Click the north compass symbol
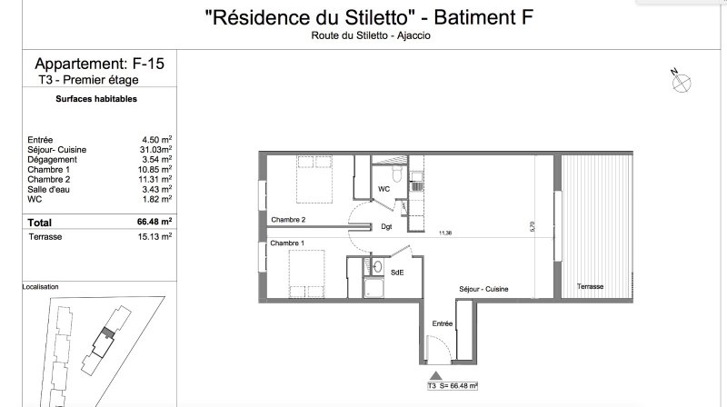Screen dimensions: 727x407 pos(681,82)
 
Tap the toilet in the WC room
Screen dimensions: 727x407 pos(397,174)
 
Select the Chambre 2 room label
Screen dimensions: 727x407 pos(288,220)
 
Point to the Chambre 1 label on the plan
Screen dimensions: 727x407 pos(287,243)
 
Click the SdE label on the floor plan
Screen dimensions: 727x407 pos(397,273)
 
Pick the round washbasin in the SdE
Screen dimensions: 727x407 pos(378,266)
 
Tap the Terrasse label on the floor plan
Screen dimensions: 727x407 pos(590,286)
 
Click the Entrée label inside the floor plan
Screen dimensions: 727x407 pos(443,323)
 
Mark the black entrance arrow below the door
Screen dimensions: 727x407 pos(436,375)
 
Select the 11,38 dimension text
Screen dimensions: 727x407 pos(445,233)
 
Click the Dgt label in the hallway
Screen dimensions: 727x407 pos(387,227)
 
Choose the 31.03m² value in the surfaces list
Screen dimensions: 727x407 pos(155,149)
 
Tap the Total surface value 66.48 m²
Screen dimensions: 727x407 pos(154,222)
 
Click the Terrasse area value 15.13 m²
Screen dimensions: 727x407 pos(154,236)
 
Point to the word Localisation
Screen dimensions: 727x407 pos(40,287)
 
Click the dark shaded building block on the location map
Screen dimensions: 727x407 pos(108,332)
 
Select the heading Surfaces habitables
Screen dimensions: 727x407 pos(96,99)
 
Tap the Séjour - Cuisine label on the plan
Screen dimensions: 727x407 pos(483,289)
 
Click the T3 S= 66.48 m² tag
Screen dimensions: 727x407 pos(453,386)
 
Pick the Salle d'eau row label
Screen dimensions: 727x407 pos(49,189)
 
